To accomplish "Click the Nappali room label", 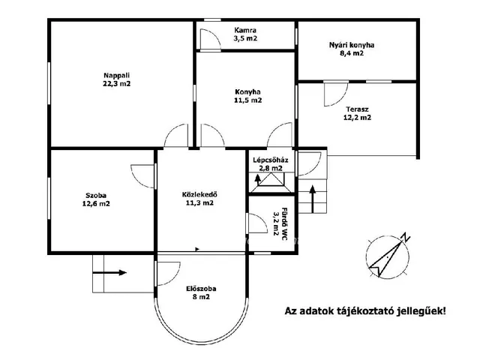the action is click(117, 75).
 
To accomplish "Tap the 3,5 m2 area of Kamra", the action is click(245, 38).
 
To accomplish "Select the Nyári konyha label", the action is click(352, 45).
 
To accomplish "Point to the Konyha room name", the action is click(247, 91).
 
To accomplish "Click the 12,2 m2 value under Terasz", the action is click(357, 118).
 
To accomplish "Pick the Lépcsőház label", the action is click(271, 160).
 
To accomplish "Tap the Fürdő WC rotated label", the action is click(284, 224).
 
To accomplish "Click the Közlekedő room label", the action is click(199, 195).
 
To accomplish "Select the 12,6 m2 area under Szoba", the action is click(96, 204).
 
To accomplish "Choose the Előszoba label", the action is click(201, 289).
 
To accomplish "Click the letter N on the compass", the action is click(406, 237).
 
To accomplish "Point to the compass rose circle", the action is click(368, 257).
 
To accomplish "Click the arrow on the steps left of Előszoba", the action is click(109, 272).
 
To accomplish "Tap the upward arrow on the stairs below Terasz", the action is click(312, 199).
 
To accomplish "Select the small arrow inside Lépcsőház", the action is click(257, 180).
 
